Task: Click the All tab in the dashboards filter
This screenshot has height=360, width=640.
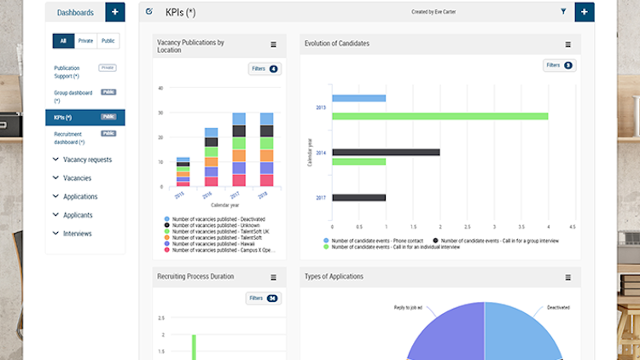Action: tap(63, 41)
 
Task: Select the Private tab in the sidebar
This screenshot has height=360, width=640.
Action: tap(86, 41)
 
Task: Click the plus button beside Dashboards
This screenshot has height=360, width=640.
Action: tap(115, 12)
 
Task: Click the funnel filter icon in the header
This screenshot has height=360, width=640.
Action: tap(563, 12)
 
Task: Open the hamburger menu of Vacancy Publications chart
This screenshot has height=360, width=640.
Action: tap(274, 44)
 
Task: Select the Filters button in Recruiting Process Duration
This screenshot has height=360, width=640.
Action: tap(262, 299)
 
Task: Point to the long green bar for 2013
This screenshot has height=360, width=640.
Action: tap(440, 115)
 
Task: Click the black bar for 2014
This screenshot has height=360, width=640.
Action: tap(386, 152)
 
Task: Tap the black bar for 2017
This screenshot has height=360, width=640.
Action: tap(359, 197)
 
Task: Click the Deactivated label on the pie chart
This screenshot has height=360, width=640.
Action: tap(558, 307)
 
